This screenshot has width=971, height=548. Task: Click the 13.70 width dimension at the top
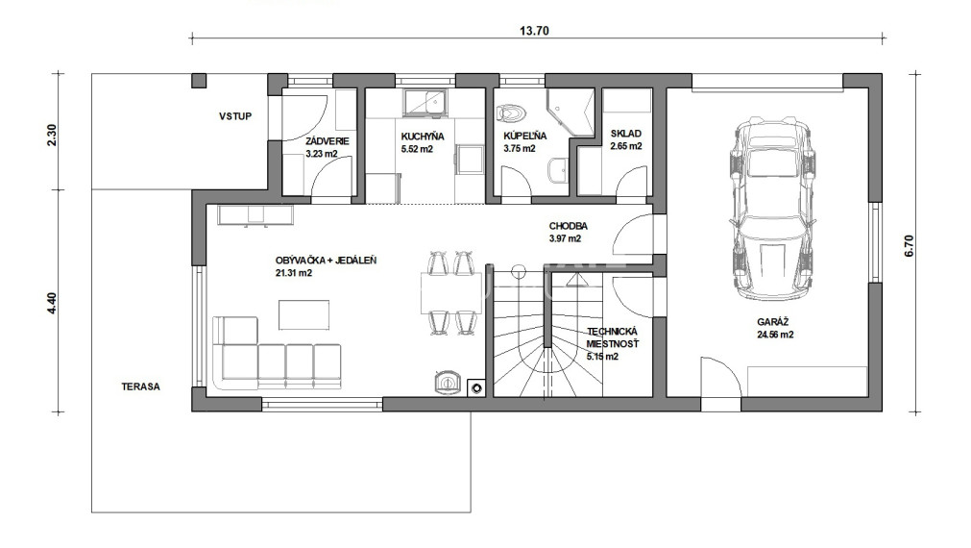click(534, 31)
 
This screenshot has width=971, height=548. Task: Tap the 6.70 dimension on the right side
click(910, 245)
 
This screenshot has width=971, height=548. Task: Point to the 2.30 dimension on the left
click(52, 136)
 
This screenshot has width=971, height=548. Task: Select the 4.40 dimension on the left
click(52, 303)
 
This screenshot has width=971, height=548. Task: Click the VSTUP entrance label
click(235, 116)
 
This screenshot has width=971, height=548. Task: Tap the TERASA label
click(140, 386)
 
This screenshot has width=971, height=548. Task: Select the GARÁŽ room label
click(774, 322)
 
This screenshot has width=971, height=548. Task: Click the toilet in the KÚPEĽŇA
click(511, 112)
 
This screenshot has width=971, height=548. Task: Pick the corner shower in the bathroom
click(570, 112)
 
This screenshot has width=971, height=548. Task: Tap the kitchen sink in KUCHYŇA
click(425, 103)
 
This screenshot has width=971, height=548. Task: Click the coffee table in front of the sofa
click(303, 315)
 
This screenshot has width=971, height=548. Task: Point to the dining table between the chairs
click(451, 293)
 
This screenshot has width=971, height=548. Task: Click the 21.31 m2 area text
click(294, 273)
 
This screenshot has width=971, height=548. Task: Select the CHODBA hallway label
click(568, 226)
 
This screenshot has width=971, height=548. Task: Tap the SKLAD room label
click(625, 134)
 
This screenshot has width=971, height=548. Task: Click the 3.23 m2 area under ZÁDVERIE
click(322, 154)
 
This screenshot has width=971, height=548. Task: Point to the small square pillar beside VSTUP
click(199, 81)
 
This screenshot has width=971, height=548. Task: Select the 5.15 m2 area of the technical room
click(602, 357)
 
